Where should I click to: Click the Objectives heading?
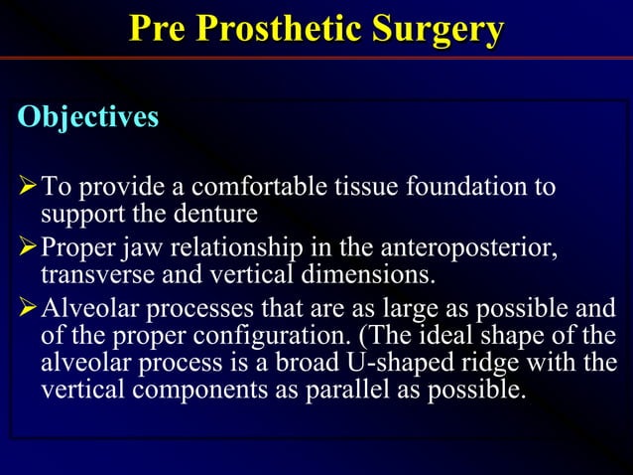coord(87,117)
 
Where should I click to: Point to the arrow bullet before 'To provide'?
coord(28,188)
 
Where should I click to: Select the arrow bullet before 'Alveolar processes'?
coord(28,306)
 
